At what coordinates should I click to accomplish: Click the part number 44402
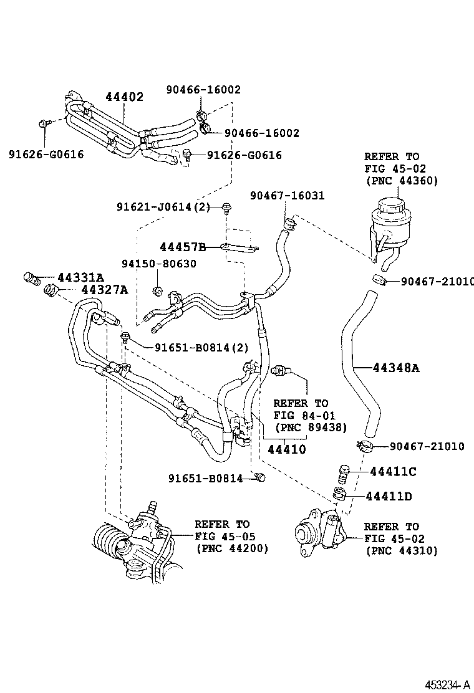[x=124, y=97]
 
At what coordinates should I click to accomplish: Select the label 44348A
[x=396, y=367]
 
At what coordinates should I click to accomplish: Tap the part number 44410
[x=286, y=449]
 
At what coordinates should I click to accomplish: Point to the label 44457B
[x=183, y=247]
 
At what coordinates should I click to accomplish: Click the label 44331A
[x=81, y=277]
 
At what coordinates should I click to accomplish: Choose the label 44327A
[x=104, y=290]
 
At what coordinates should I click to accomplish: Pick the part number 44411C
[x=393, y=472]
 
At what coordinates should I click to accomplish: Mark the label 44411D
[x=389, y=497]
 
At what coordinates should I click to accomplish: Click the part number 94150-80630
[x=159, y=264]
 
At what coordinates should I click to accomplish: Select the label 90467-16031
[x=288, y=195]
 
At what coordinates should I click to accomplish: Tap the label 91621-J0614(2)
[x=163, y=207]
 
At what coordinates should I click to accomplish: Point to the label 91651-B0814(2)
[x=201, y=348]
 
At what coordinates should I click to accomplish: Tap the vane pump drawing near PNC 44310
[x=317, y=530]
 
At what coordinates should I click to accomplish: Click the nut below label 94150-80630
[x=157, y=291]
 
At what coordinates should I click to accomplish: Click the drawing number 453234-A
[x=447, y=685]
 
